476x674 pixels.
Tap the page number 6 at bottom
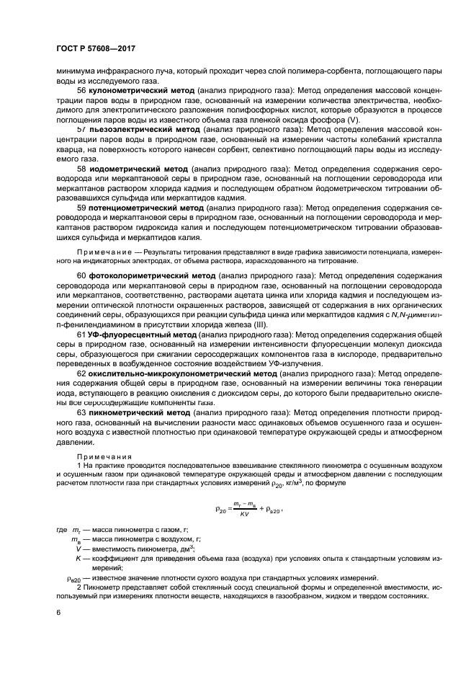pyautogui.click(x=58, y=611)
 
